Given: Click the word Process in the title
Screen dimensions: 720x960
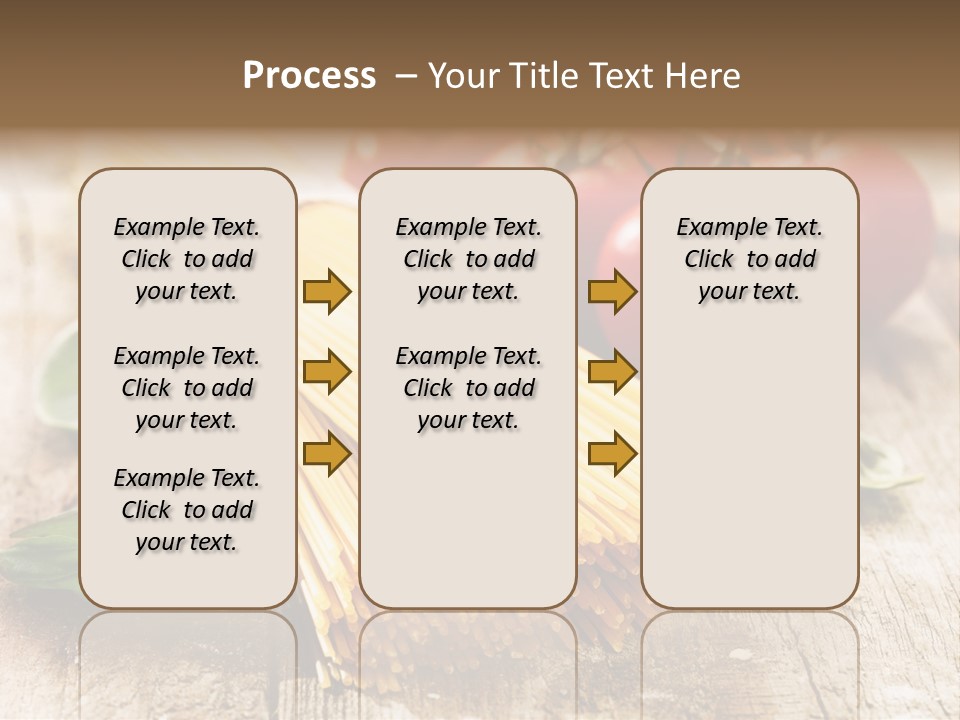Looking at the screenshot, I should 309,76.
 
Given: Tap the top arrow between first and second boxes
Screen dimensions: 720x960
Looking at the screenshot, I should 327,291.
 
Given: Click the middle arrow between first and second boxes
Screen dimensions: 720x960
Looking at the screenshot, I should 327,372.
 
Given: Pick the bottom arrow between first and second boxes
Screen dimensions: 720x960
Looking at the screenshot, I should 327,454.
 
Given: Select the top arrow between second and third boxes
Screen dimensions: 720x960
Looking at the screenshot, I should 612,291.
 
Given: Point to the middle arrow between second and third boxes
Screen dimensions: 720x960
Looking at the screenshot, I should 612,372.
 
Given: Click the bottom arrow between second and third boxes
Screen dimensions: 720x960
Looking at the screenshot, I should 612,454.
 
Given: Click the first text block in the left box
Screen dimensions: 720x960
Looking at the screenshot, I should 187,259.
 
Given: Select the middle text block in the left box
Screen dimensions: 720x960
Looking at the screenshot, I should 187,388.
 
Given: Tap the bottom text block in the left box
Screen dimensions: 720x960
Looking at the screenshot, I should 187,510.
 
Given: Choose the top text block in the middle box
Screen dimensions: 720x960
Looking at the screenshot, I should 468,259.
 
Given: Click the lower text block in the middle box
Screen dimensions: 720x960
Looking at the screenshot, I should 468,388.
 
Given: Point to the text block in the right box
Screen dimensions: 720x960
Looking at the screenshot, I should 750,259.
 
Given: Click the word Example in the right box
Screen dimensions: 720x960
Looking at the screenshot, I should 712,228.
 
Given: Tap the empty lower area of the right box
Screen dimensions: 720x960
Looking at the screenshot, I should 750,470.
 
